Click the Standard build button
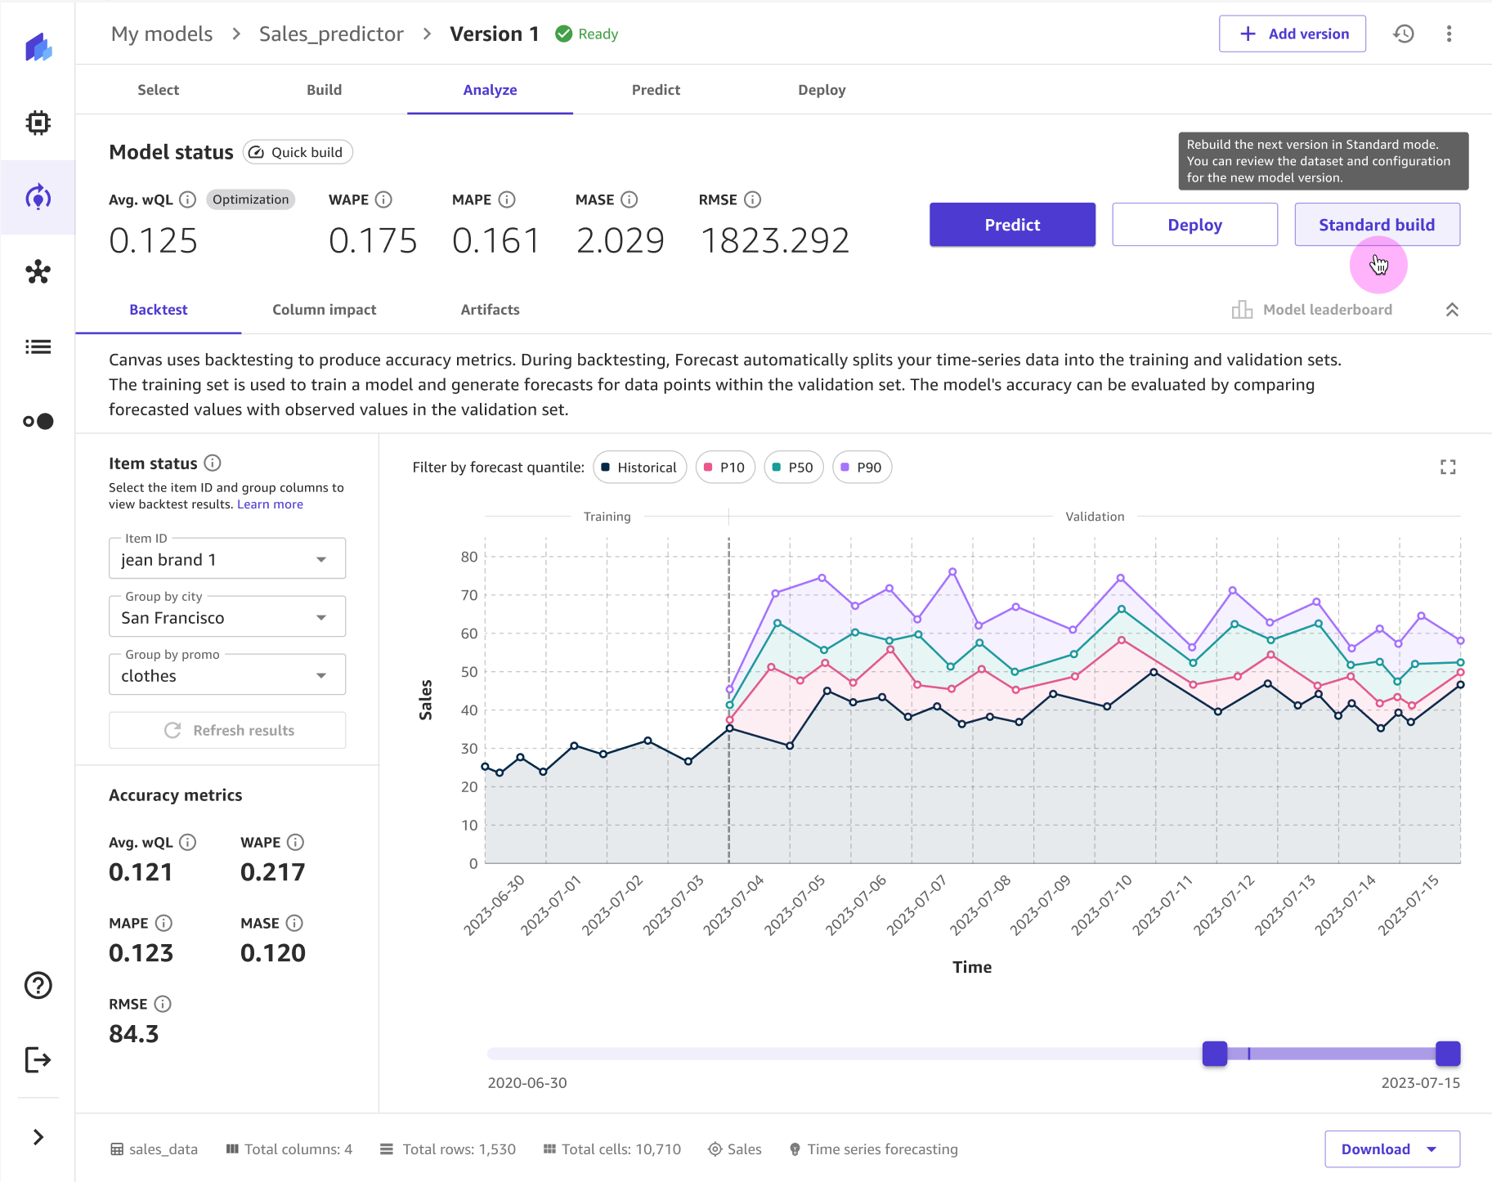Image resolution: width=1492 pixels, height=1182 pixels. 1377,225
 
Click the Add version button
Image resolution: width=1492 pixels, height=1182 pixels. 1292,34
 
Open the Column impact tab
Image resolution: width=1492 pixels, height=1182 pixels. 324,310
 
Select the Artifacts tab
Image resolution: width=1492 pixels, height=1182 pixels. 490,310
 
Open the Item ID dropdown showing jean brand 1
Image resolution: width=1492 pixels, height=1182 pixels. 226,559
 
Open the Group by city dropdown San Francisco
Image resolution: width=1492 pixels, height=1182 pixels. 226,617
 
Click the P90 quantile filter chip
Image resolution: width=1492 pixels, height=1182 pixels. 862,468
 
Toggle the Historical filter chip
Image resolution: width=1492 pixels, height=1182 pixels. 639,468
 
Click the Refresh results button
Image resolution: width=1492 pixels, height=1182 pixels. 227,730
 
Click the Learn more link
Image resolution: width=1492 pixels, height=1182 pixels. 270,504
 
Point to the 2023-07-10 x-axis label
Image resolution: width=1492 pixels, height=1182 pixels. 1101,905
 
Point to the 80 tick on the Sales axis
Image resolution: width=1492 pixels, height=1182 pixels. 469,557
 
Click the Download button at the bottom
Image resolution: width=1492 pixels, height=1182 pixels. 1391,1148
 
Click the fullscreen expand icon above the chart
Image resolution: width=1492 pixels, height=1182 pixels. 1447,467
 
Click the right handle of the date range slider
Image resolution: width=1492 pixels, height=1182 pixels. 1447,1054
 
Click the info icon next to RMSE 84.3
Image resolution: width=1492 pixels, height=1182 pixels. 163,1004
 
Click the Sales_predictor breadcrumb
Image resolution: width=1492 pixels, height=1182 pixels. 331,34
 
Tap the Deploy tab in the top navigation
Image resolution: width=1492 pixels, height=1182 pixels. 821,90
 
